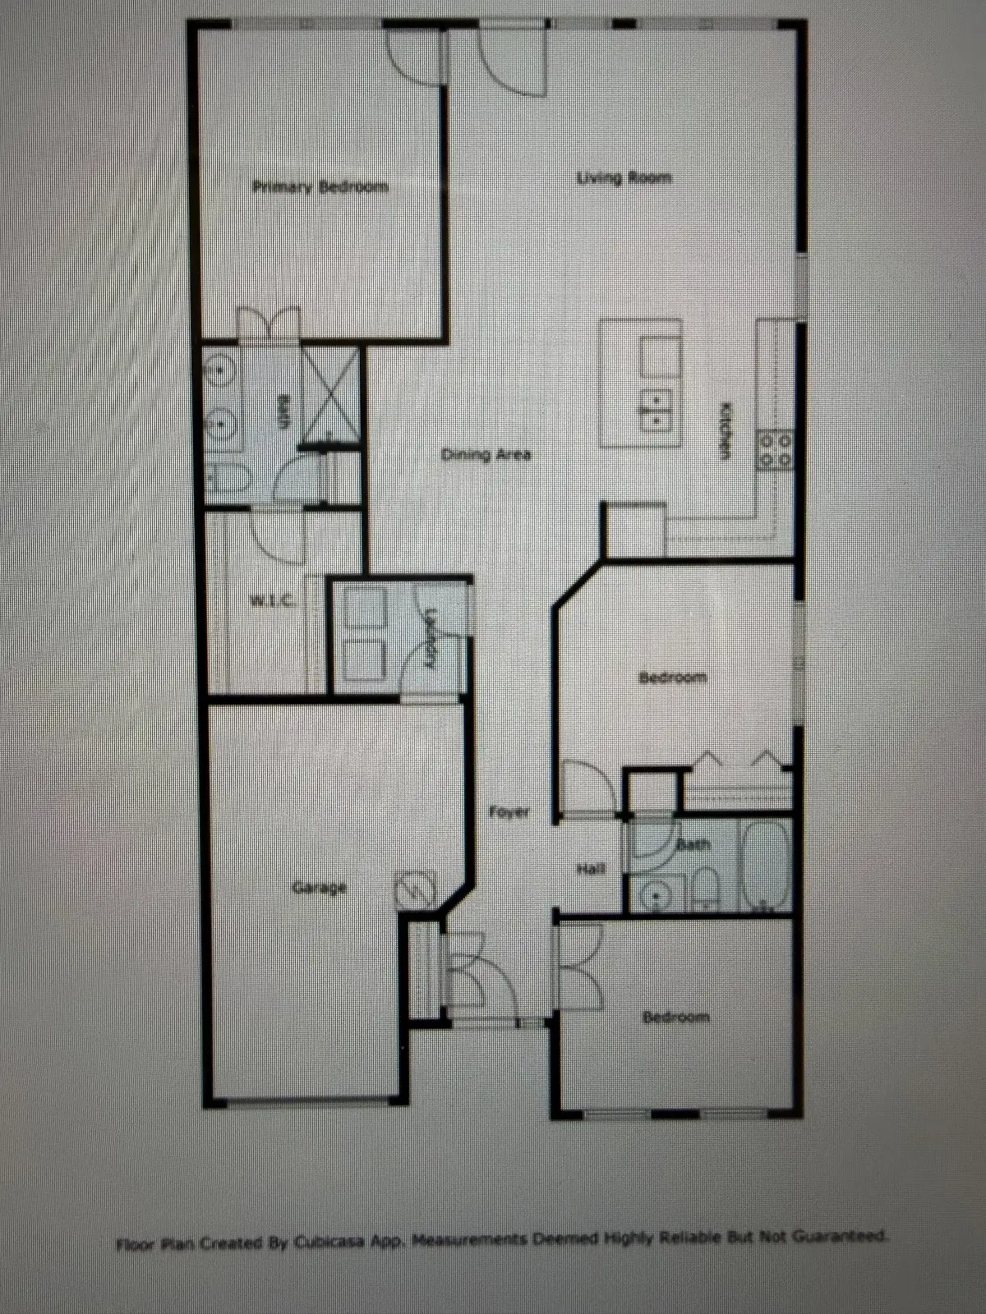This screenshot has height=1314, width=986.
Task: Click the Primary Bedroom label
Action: [x=320, y=187]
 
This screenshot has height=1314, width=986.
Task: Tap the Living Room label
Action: [x=624, y=177]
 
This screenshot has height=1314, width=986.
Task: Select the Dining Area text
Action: [x=486, y=454]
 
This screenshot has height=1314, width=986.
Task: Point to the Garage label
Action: [x=320, y=887]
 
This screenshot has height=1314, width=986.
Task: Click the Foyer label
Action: [x=509, y=812]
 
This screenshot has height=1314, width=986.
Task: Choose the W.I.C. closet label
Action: [x=272, y=601]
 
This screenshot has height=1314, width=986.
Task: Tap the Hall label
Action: [x=592, y=868]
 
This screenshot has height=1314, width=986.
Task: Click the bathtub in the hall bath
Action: [x=766, y=866]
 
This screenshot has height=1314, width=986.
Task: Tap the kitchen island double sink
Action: [x=658, y=409]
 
